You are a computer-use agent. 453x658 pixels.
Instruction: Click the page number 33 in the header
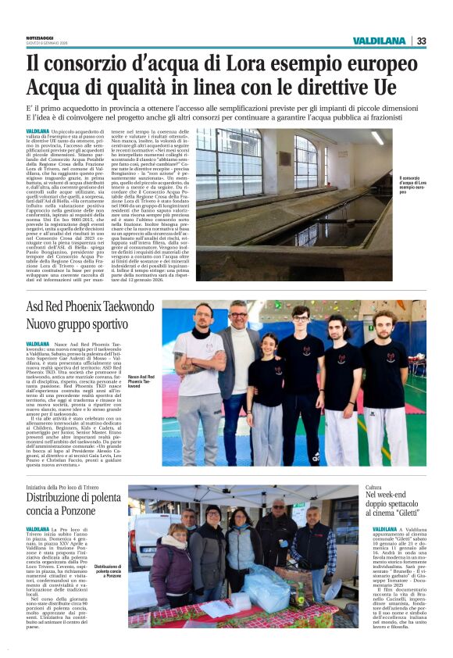tap(421, 41)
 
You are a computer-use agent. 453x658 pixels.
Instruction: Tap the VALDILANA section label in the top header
tap(379, 41)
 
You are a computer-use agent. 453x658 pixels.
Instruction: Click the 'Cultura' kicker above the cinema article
tap(373, 487)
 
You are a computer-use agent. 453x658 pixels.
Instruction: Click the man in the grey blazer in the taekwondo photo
tap(238, 367)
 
